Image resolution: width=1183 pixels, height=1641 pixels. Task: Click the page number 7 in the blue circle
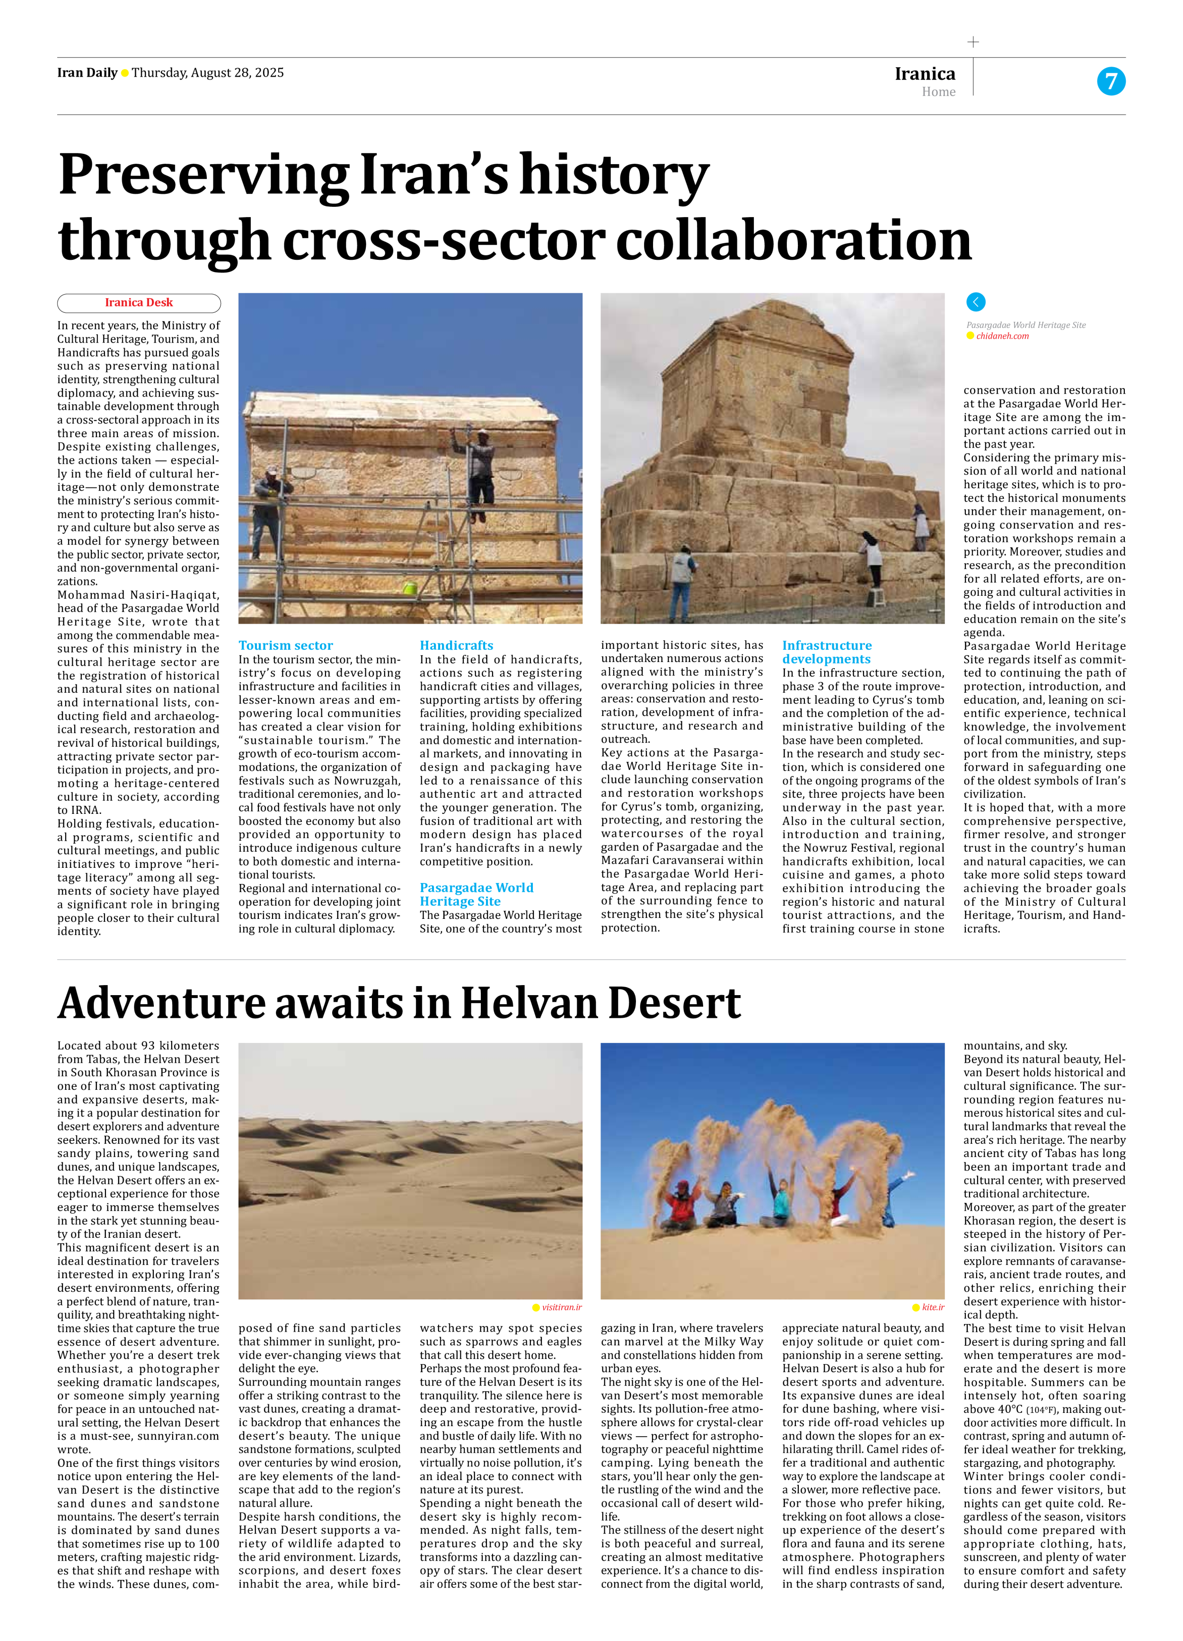click(x=1111, y=80)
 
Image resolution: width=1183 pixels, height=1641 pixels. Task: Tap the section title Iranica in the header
click(x=925, y=74)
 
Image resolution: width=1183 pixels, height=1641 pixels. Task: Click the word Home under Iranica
click(x=938, y=92)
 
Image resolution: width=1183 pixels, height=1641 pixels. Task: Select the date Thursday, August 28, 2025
click(x=208, y=72)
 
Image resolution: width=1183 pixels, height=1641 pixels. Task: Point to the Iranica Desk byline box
click(x=139, y=302)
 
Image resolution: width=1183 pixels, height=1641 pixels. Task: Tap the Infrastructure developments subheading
click(x=827, y=652)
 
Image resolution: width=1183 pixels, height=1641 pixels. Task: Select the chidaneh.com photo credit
click(x=1002, y=336)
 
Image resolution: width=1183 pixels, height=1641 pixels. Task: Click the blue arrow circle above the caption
click(x=975, y=302)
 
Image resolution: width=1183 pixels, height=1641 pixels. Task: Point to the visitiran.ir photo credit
click(x=562, y=1307)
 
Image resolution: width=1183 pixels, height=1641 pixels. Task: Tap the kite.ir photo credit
click(x=933, y=1307)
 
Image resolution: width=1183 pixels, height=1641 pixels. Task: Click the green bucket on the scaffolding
click(x=409, y=588)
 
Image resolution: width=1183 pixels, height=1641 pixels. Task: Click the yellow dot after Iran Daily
click(x=124, y=73)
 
